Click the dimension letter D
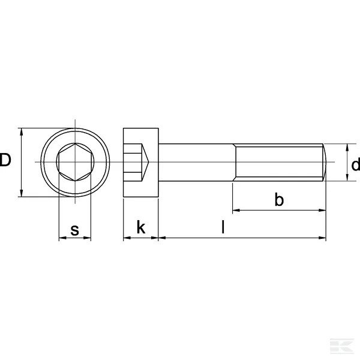tap(5, 160)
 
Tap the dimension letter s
tap(74, 230)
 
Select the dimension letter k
tap(141, 227)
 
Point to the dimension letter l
tap(223, 227)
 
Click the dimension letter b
tap(279, 199)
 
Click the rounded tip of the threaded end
tap(325, 163)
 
